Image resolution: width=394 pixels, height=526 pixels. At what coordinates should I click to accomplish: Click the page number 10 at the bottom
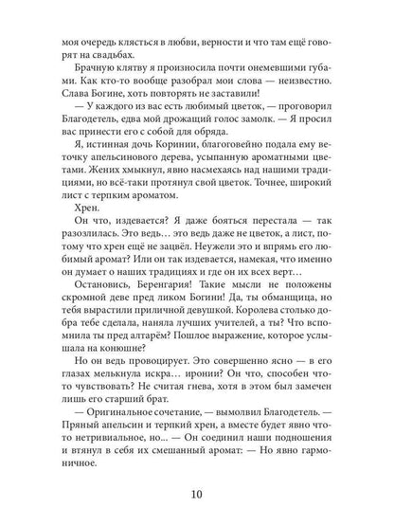click(196, 494)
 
